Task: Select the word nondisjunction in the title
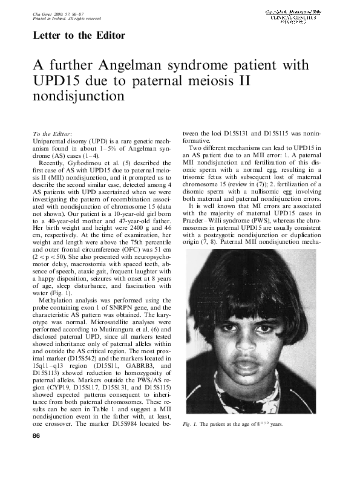pyautogui.click(x=79, y=96)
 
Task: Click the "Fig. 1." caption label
pyautogui.click(x=190, y=424)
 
